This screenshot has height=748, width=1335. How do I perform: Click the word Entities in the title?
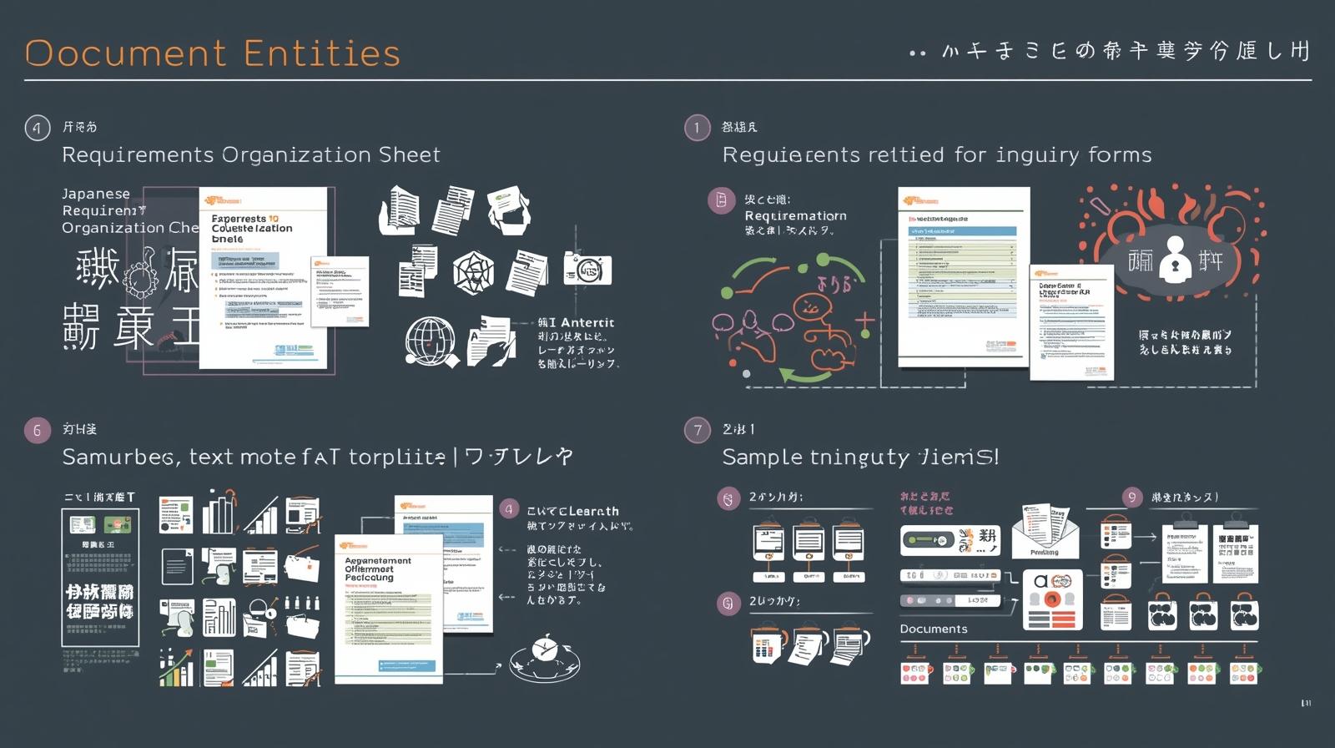322,53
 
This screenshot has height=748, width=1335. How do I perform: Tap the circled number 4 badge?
37,128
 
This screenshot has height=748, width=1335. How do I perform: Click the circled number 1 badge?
697,128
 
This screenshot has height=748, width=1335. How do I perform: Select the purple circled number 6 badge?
37,430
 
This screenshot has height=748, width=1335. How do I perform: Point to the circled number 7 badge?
697,430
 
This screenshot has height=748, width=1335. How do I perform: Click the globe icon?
430,340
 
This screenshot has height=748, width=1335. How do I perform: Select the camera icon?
587,269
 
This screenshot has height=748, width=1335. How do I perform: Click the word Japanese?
96,194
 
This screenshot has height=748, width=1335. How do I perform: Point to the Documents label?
934,629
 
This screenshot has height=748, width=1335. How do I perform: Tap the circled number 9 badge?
1131,498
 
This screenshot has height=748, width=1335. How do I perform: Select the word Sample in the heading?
758,457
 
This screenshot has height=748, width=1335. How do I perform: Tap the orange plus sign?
864,321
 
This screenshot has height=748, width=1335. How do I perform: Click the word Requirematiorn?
795,216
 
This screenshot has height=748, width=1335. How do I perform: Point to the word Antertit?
587,323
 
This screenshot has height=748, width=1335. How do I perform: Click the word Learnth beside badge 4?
595,511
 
